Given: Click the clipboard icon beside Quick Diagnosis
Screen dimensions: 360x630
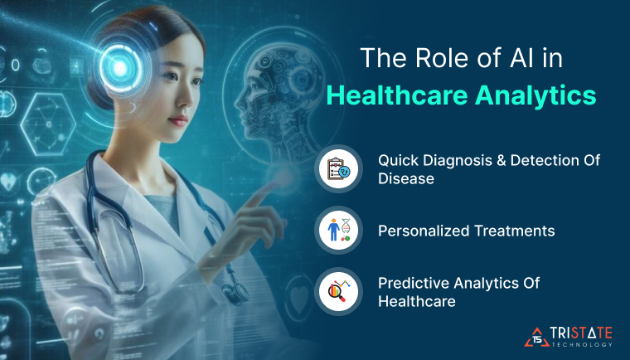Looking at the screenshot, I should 339,168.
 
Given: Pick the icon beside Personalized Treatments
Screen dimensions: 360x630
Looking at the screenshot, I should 339,230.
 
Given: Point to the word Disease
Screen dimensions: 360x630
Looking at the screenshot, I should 406,178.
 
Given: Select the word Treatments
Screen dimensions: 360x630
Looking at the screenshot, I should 520,231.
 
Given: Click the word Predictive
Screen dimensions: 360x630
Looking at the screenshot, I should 410,284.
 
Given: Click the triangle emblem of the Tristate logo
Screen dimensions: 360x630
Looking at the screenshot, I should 536,334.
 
